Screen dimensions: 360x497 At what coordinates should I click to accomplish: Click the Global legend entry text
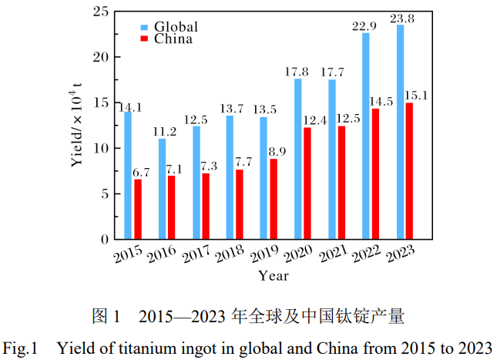coord(176,27)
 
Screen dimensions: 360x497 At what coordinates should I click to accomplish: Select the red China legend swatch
coord(144,39)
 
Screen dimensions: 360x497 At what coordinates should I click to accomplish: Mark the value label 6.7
coord(142,173)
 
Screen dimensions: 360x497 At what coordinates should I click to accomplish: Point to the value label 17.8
coord(297,72)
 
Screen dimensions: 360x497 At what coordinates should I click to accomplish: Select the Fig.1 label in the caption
coord(20,346)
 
